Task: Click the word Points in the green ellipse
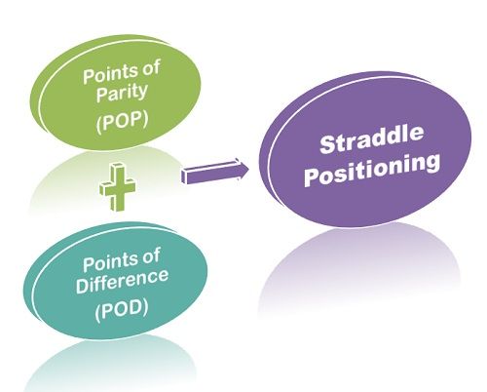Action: click(x=109, y=75)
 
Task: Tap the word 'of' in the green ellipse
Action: click(x=150, y=69)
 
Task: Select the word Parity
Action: click(x=122, y=94)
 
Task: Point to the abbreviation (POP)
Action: click(x=122, y=121)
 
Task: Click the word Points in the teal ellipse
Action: click(x=109, y=262)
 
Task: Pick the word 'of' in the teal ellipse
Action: click(x=150, y=256)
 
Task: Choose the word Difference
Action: click(x=122, y=282)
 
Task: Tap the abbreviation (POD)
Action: click(x=122, y=309)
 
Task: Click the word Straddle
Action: click(x=371, y=139)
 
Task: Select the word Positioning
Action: click(x=372, y=172)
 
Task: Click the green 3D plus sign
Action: click(x=118, y=187)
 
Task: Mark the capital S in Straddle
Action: click(x=328, y=144)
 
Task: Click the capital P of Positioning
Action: click(x=313, y=177)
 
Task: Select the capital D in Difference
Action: click(x=82, y=286)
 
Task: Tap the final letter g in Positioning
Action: click(x=431, y=165)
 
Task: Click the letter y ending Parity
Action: click(x=143, y=94)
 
